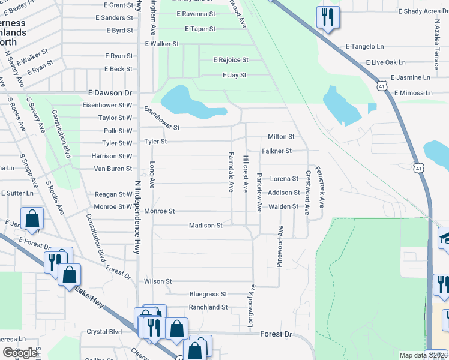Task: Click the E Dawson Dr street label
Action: [110, 93]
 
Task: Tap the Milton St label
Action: [281, 137]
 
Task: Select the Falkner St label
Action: [276, 151]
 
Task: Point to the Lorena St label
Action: [284, 179]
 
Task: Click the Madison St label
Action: [206, 226]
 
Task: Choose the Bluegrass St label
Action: [208, 295]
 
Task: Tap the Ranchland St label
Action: [208, 307]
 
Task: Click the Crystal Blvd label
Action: [104, 332]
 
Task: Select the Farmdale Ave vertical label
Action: [231, 172]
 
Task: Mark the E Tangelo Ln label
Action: [364, 47]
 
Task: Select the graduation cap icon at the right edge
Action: [445, 238]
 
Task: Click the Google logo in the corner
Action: [20, 352]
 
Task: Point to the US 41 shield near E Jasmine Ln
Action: [381, 86]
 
